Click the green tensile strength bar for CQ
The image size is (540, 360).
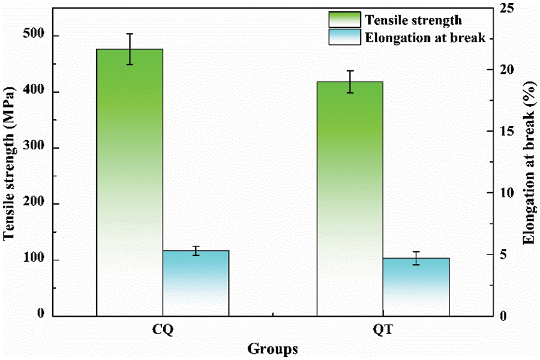click(x=130, y=180)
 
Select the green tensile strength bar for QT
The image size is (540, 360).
click(x=350, y=198)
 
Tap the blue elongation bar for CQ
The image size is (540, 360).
click(x=196, y=282)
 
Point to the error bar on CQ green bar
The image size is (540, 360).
click(x=130, y=49)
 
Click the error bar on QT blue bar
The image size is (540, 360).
click(x=416, y=258)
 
